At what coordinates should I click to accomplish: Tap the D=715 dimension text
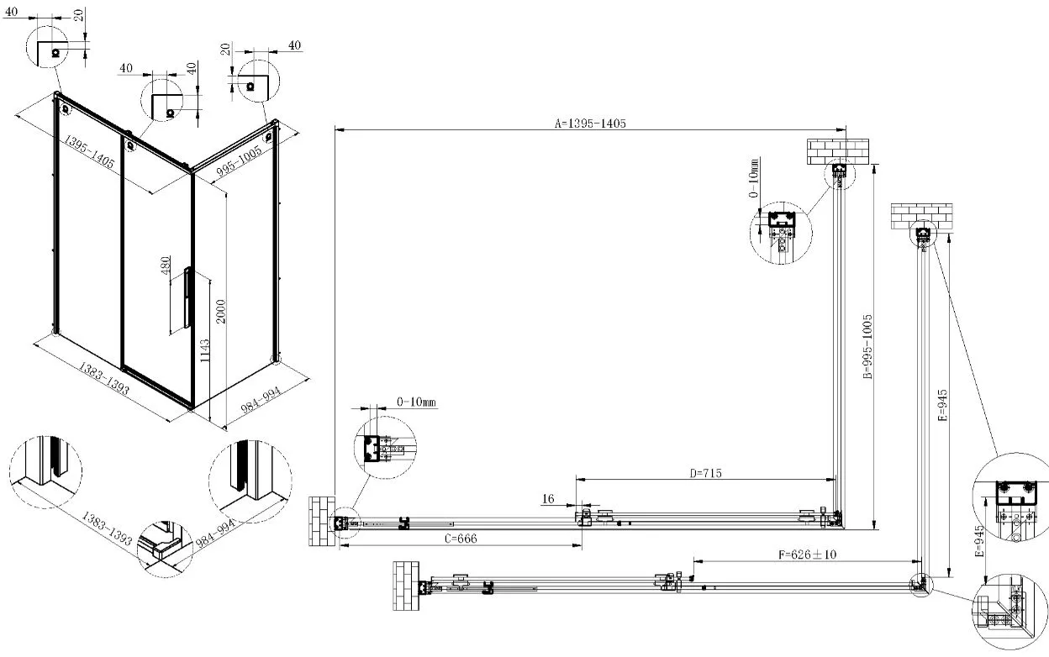tap(705, 473)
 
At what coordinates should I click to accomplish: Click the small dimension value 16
tap(548, 499)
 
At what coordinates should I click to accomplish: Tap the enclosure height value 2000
tap(221, 313)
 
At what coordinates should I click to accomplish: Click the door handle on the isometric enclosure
tap(187, 300)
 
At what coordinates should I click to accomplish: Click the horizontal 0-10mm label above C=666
tap(416, 402)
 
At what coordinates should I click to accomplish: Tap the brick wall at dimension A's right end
tap(838, 150)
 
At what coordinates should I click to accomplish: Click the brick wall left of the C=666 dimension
tap(322, 520)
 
